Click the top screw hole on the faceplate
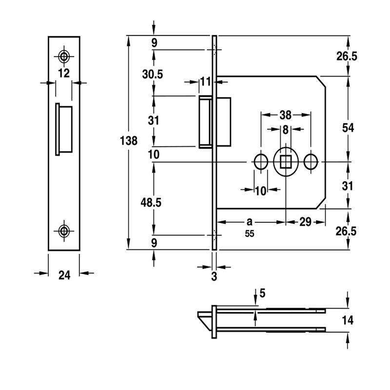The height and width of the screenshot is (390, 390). tap(64, 56)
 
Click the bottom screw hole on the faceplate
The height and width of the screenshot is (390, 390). tap(64, 231)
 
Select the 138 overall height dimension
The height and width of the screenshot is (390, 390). tap(128, 141)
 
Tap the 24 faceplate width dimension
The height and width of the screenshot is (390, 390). tap(64, 275)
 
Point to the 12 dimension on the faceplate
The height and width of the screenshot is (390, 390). tap(64, 74)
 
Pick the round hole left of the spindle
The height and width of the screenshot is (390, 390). tap(261, 162)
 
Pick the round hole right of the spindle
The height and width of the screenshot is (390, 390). tap(311, 162)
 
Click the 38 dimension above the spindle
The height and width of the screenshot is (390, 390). tap(285, 116)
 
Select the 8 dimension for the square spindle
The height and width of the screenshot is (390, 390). tap(286, 130)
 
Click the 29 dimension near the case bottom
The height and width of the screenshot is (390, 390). tap(305, 222)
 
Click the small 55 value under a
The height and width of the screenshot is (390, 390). tap(250, 234)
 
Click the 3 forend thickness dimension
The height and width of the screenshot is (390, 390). tap(214, 277)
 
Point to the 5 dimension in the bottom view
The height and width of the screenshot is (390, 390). tap(263, 293)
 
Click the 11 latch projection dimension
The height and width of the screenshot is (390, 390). tap(205, 81)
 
